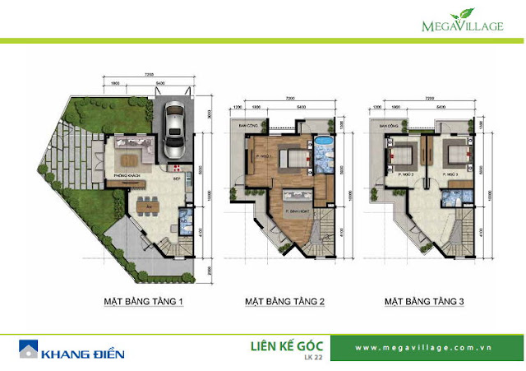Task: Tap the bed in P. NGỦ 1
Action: pyautogui.click(x=290, y=155)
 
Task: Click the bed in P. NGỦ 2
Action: pyautogui.click(x=403, y=154)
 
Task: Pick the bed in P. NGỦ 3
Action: pyautogui.click(x=453, y=154)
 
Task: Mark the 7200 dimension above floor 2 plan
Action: pyautogui.click(x=289, y=98)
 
